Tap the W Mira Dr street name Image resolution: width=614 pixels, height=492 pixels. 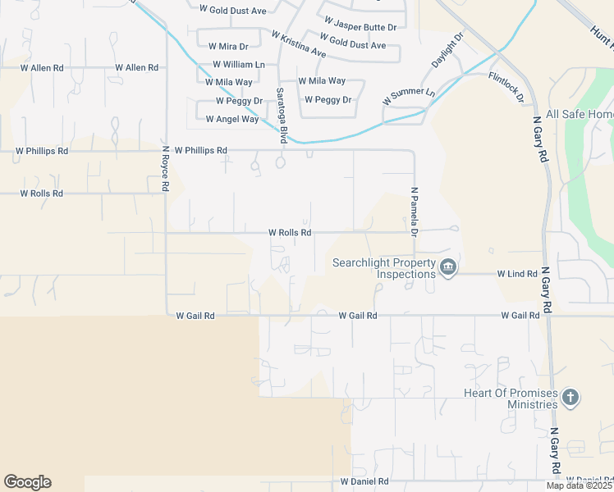pyautogui.click(x=228, y=47)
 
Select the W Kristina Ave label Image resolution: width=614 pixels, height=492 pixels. pyautogui.click(x=298, y=43)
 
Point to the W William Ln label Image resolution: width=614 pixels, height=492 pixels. pyautogui.click(x=239, y=64)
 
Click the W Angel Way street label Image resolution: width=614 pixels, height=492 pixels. pyautogui.click(x=232, y=119)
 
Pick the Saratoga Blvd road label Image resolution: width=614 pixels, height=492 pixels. pyautogui.click(x=282, y=115)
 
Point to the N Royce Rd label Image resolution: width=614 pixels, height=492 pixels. pyautogui.click(x=165, y=169)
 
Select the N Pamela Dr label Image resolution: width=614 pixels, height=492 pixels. pyautogui.click(x=415, y=212)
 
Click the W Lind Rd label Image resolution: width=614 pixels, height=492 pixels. pyautogui.click(x=517, y=274)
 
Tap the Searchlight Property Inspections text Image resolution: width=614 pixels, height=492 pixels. pyautogui.click(x=383, y=268)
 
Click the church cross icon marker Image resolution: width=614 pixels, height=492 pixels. pyautogui.click(x=570, y=399)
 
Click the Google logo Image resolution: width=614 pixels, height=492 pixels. pyautogui.click(x=27, y=482)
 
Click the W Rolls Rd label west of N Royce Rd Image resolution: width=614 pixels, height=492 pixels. pyautogui.click(x=42, y=194)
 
